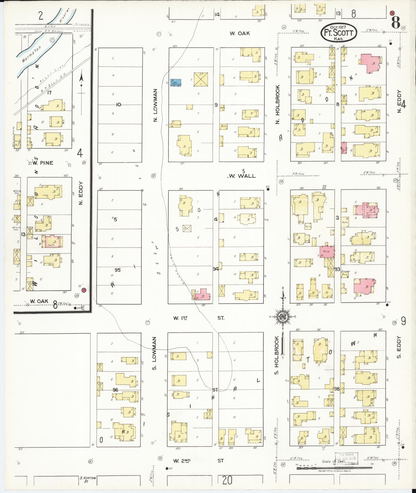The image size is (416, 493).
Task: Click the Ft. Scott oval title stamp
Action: pyautogui.click(x=339, y=33)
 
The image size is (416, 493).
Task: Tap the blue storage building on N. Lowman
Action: pyautogui.click(x=175, y=83)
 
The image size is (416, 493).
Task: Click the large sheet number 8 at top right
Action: pyautogui.click(x=396, y=22)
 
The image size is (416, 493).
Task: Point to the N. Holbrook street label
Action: pyautogui.click(x=278, y=104)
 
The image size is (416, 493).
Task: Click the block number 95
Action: pyautogui.click(x=118, y=270)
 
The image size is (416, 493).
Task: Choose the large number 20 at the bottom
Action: pyautogui.click(x=227, y=480)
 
